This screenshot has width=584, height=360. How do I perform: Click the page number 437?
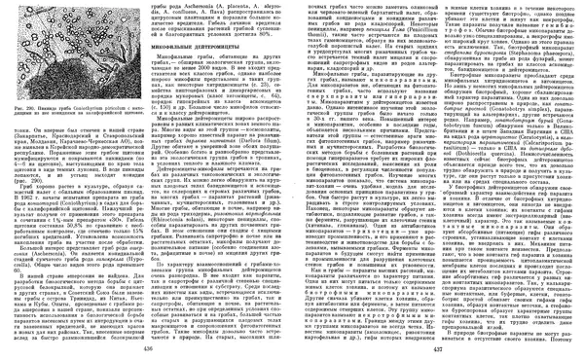coord(426,349)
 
